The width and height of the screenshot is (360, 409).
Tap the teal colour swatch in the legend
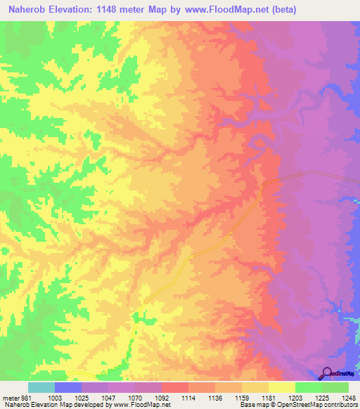[41, 387]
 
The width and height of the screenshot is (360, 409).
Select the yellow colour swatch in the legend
[282, 387]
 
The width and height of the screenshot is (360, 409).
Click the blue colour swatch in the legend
[68, 387]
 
